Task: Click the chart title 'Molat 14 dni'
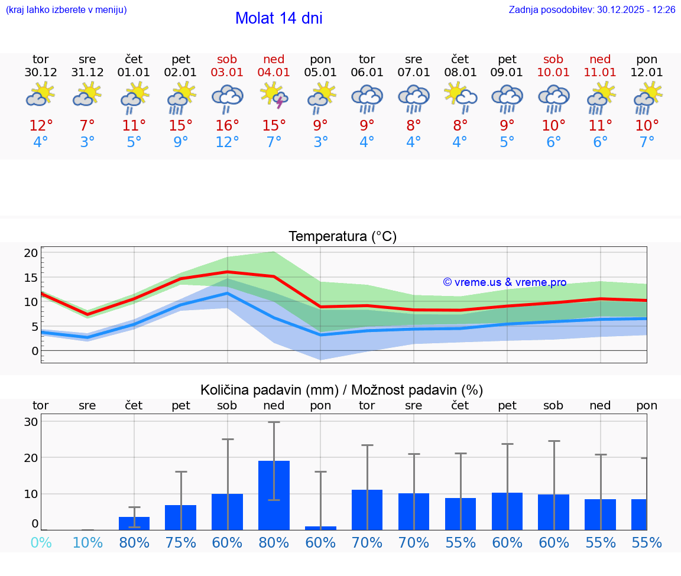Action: [278, 18]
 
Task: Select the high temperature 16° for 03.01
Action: [227, 126]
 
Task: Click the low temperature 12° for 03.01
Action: [227, 142]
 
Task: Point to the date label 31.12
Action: [87, 73]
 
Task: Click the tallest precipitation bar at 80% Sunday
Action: [274, 494]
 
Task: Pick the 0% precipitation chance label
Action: [41, 543]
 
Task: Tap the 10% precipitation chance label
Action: [87, 543]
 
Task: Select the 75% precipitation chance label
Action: [180, 543]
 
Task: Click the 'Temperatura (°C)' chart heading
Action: [342, 237]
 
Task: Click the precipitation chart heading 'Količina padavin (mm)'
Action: [342, 390]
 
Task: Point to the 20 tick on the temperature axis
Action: [31, 253]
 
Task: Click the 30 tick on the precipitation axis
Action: [31, 422]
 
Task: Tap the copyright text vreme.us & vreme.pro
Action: [505, 282]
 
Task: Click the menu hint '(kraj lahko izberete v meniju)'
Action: [66, 10]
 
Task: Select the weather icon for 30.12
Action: [41, 96]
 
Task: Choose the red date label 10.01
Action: [553, 73]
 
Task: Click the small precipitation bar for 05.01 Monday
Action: [320, 528]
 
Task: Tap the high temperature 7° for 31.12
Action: [87, 126]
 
